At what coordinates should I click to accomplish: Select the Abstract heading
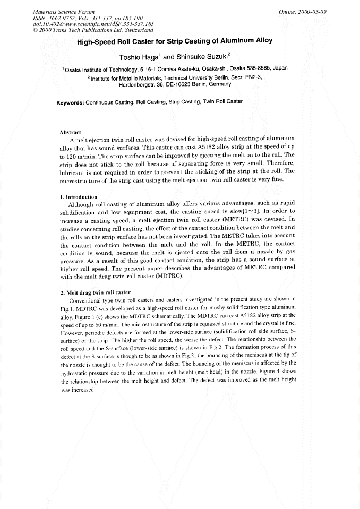(70, 132)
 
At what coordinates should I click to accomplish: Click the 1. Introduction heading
(80, 196)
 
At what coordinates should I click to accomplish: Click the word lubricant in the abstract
(75, 171)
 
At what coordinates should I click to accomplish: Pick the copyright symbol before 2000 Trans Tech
(35, 30)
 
